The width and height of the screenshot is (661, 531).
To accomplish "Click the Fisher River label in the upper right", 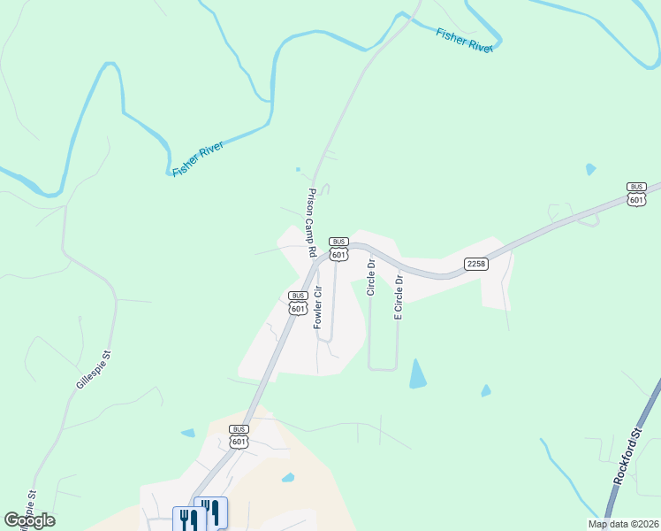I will pyautogui.click(x=464, y=41).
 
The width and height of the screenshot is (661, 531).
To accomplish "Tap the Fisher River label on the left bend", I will pyautogui.click(x=198, y=158).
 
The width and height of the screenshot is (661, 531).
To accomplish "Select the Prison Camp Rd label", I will pyautogui.click(x=312, y=222).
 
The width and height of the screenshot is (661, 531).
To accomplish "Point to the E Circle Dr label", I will pyautogui.click(x=399, y=297).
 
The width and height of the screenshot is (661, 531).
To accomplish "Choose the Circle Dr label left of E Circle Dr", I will pyautogui.click(x=371, y=276).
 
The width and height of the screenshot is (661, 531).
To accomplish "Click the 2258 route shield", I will pyautogui.click(x=476, y=264).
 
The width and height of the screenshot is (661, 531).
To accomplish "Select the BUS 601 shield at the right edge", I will pyautogui.click(x=636, y=194).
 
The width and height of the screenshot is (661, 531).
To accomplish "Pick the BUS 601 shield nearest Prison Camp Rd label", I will pyautogui.click(x=338, y=248).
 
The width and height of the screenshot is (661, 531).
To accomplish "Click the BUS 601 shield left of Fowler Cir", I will pyautogui.click(x=298, y=302).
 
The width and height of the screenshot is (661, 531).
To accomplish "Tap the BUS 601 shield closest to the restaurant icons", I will pyautogui.click(x=238, y=435).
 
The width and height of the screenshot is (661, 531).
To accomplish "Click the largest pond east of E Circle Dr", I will pyautogui.click(x=417, y=374).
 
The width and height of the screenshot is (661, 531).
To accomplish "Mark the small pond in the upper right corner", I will pyautogui.click(x=590, y=168).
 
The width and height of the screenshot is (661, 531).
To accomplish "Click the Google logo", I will pyautogui.click(x=30, y=520).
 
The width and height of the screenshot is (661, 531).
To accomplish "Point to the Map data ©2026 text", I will pyautogui.click(x=624, y=524).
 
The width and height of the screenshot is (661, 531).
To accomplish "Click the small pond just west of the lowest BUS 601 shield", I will pyautogui.click(x=187, y=433).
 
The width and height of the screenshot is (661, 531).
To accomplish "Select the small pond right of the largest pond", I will pyautogui.click(x=485, y=390).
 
